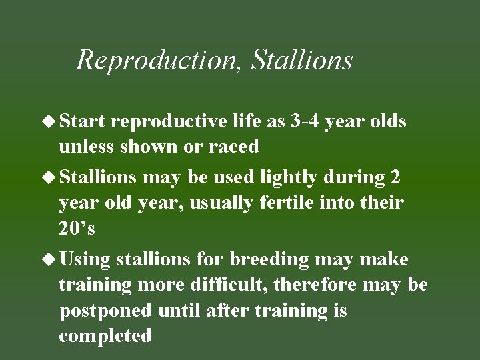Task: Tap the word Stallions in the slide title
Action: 302,60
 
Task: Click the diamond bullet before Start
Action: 51,121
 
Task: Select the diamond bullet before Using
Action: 51,258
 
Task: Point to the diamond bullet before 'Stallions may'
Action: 51,177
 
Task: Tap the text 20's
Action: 77,228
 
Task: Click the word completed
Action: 105,335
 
